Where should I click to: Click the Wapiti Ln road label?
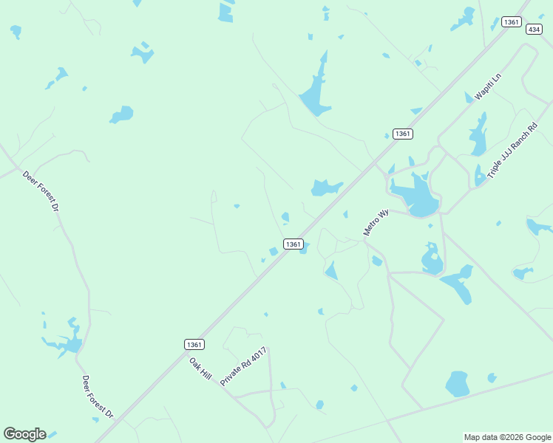point(489,87)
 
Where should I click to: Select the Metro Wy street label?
point(376,223)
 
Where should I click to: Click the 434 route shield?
point(535,29)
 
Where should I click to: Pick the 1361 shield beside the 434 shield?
point(511,22)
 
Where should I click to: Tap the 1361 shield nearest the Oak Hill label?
point(194,344)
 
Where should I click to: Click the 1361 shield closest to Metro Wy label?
point(293,244)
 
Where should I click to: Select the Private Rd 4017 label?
point(243,365)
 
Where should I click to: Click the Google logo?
point(24,434)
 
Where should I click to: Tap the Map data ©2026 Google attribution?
point(508,437)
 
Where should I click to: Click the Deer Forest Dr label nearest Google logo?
point(98,397)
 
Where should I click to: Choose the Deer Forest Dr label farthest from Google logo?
point(41,191)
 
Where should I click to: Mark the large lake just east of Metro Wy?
point(416,195)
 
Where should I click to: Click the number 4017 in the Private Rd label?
point(257,353)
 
